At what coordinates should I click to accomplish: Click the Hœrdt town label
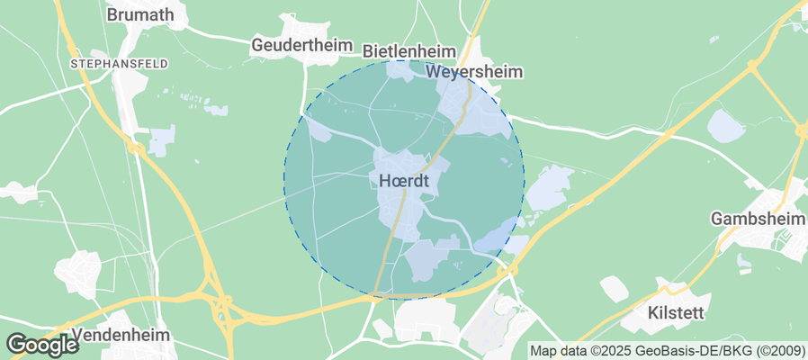click(x=404, y=181)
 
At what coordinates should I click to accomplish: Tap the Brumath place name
click(x=141, y=14)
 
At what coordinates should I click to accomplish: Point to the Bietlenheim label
click(x=408, y=51)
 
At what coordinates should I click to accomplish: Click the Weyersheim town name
click(x=475, y=72)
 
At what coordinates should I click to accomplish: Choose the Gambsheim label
click(x=755, y=219)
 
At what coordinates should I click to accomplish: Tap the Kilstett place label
click(x=676, y=313)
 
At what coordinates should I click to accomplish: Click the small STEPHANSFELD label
click(x=108, y=64)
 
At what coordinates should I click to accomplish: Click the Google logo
click(x=41, y=344)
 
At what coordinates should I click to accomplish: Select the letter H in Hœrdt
click(x=385, y=181)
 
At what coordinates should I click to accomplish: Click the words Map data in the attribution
click(x=559, y=351)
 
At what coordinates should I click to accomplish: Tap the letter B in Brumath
click(x=112, y=14)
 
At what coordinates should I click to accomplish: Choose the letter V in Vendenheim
click(x=76, y=335)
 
